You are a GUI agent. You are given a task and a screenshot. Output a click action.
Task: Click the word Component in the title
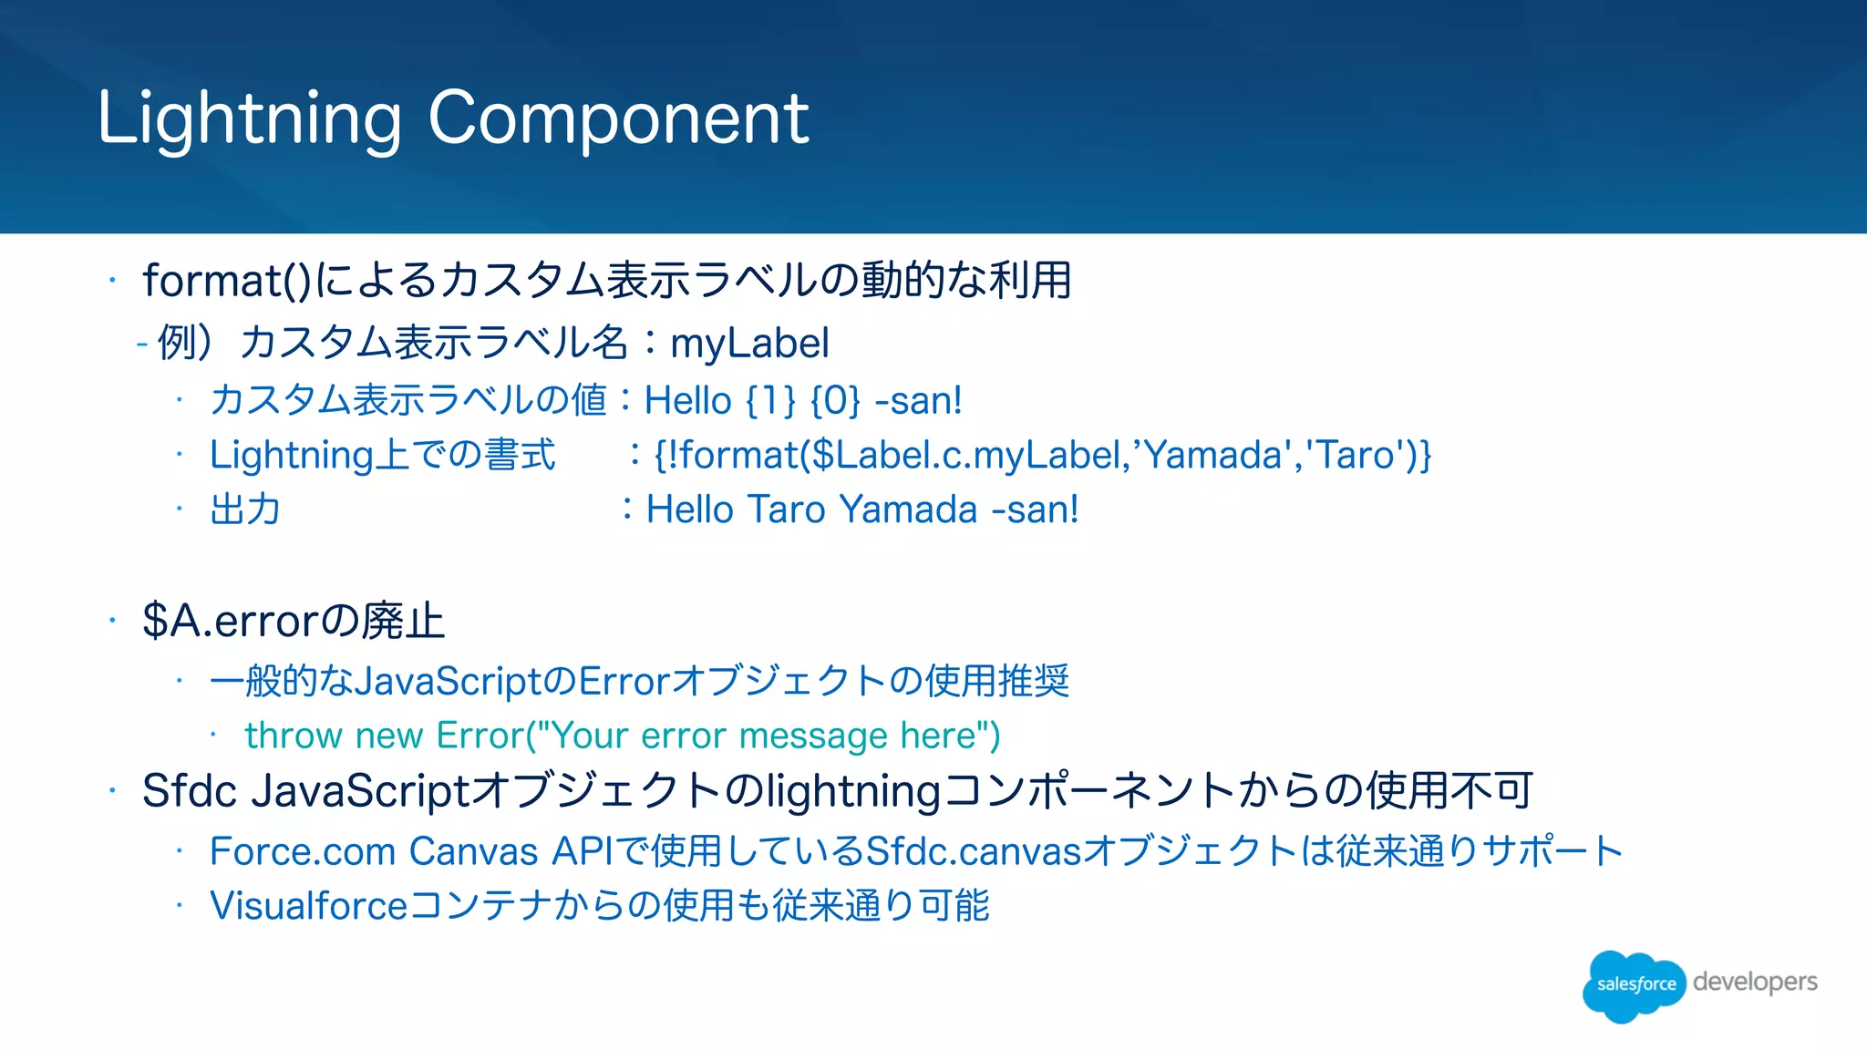click(618, 118)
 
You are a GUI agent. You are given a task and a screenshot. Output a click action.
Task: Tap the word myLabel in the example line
click(749, 344)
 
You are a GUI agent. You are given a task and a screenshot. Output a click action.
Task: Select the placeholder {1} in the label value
click(770, 401)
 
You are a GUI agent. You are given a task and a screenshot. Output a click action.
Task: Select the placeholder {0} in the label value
click(835, 401)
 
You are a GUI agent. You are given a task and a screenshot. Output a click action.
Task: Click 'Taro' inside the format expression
click(1356, 455)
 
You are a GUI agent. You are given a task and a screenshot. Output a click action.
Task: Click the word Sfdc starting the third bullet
click(190, 790)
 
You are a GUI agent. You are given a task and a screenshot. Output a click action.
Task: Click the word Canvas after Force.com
click(473, 851)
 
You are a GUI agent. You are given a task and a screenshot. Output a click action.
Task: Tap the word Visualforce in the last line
click(308, 906)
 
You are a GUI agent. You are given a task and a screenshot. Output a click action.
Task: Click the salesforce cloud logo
click(1634, 984)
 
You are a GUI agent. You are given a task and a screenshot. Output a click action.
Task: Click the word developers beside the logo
click(1754, 982)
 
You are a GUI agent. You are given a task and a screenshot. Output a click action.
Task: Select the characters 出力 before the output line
click(244, 510)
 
